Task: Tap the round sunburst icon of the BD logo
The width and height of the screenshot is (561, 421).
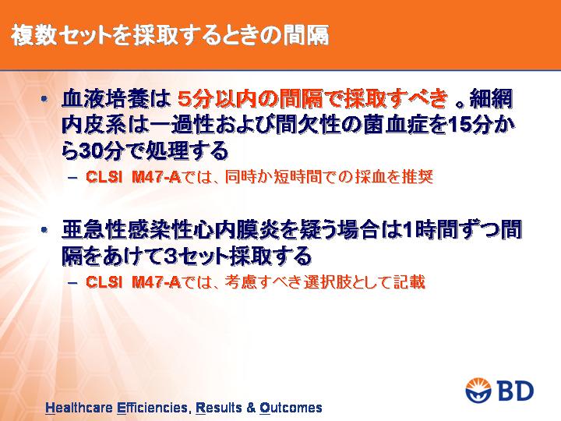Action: pos(478,391)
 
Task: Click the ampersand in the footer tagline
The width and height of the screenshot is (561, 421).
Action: pos(251,408)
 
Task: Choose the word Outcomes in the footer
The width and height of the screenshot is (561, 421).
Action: pos(291,408)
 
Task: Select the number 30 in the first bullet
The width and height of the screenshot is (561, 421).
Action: pos(91,151)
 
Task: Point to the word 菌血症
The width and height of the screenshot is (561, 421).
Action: pos(395,125)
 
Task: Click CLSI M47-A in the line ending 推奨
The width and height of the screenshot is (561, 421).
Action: pos(133,177)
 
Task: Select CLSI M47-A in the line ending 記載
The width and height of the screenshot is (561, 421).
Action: pos(133,282)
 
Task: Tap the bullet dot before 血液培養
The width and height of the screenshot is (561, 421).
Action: pos(44,99)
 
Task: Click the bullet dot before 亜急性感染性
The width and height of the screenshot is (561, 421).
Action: pos(44,230)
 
